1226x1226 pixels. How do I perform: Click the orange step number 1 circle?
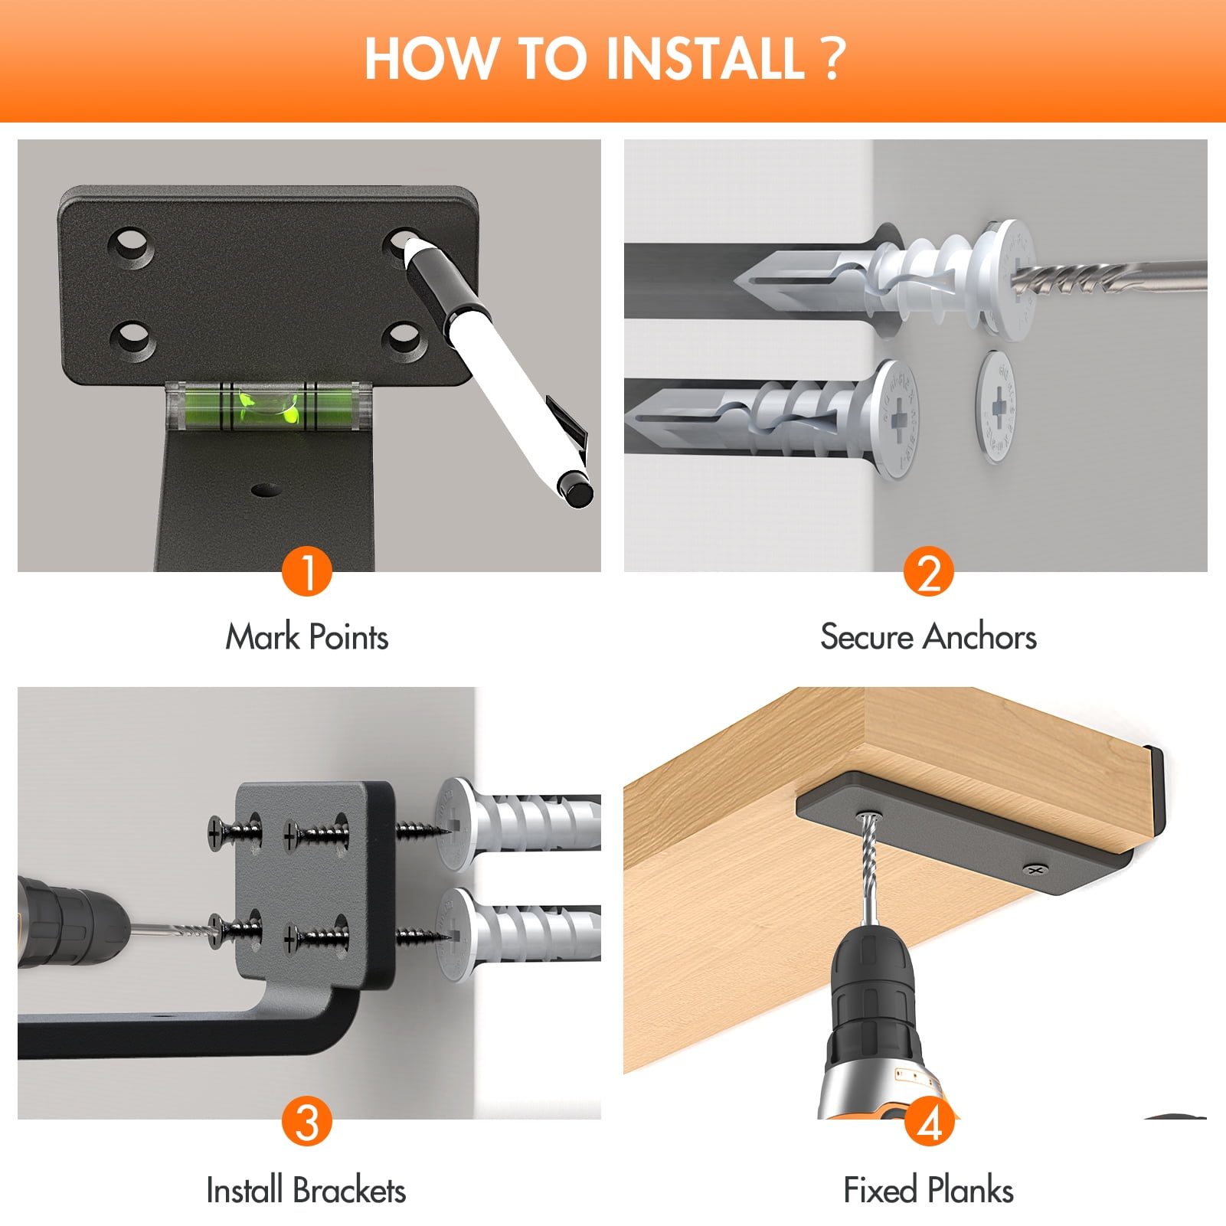[306, 571]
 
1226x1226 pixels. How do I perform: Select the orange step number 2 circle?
[928, 571]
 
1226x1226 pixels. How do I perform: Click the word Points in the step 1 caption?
[349, 637]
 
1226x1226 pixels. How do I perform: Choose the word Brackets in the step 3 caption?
[349, 1190]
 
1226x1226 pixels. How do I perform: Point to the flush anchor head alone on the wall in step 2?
[999, 407]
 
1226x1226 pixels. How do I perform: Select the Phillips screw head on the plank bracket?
[1037, 870]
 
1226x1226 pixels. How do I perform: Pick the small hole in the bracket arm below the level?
[264, 489]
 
